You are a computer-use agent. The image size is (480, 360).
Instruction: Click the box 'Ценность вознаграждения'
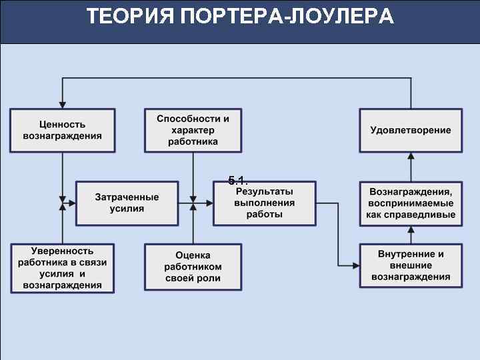pyautogui.click(x=62, y=130)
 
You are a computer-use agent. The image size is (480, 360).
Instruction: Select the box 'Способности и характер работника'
pyautogui.click(x=193, y=130)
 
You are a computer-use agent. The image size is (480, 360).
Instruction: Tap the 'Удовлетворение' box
pyautogui.click(x=411, y=130)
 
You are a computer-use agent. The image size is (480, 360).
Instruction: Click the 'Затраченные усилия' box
pyautogui.click(x=127, y=203)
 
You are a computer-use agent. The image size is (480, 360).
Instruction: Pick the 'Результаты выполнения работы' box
pyautogui.click(x=264, y=203)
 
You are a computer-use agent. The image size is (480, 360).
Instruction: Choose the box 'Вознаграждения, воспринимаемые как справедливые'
pyautogui.click(x=411, y=203)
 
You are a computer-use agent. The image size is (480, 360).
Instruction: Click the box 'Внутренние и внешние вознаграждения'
pyautogui.click(x=411, y=265)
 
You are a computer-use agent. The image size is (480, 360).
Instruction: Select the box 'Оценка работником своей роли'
pyautogui.click(x=193, y=267)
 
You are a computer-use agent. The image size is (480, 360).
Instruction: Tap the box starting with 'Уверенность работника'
pyautogui.click(x=62, y=267)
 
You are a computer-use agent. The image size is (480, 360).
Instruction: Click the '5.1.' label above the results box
pyautogui.click(x=237, y=180)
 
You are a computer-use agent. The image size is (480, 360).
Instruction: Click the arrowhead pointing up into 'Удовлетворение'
pyautogui.click(x=411, y=156)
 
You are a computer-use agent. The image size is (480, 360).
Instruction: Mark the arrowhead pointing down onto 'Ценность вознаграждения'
pyautogui.click(x=62, y=105)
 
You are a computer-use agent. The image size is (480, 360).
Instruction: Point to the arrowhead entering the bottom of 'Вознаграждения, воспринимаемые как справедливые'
pyautogui.click(x=411, y=229)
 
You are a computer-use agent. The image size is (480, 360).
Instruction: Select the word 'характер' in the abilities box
pyautogui.click(x=193, y=130)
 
